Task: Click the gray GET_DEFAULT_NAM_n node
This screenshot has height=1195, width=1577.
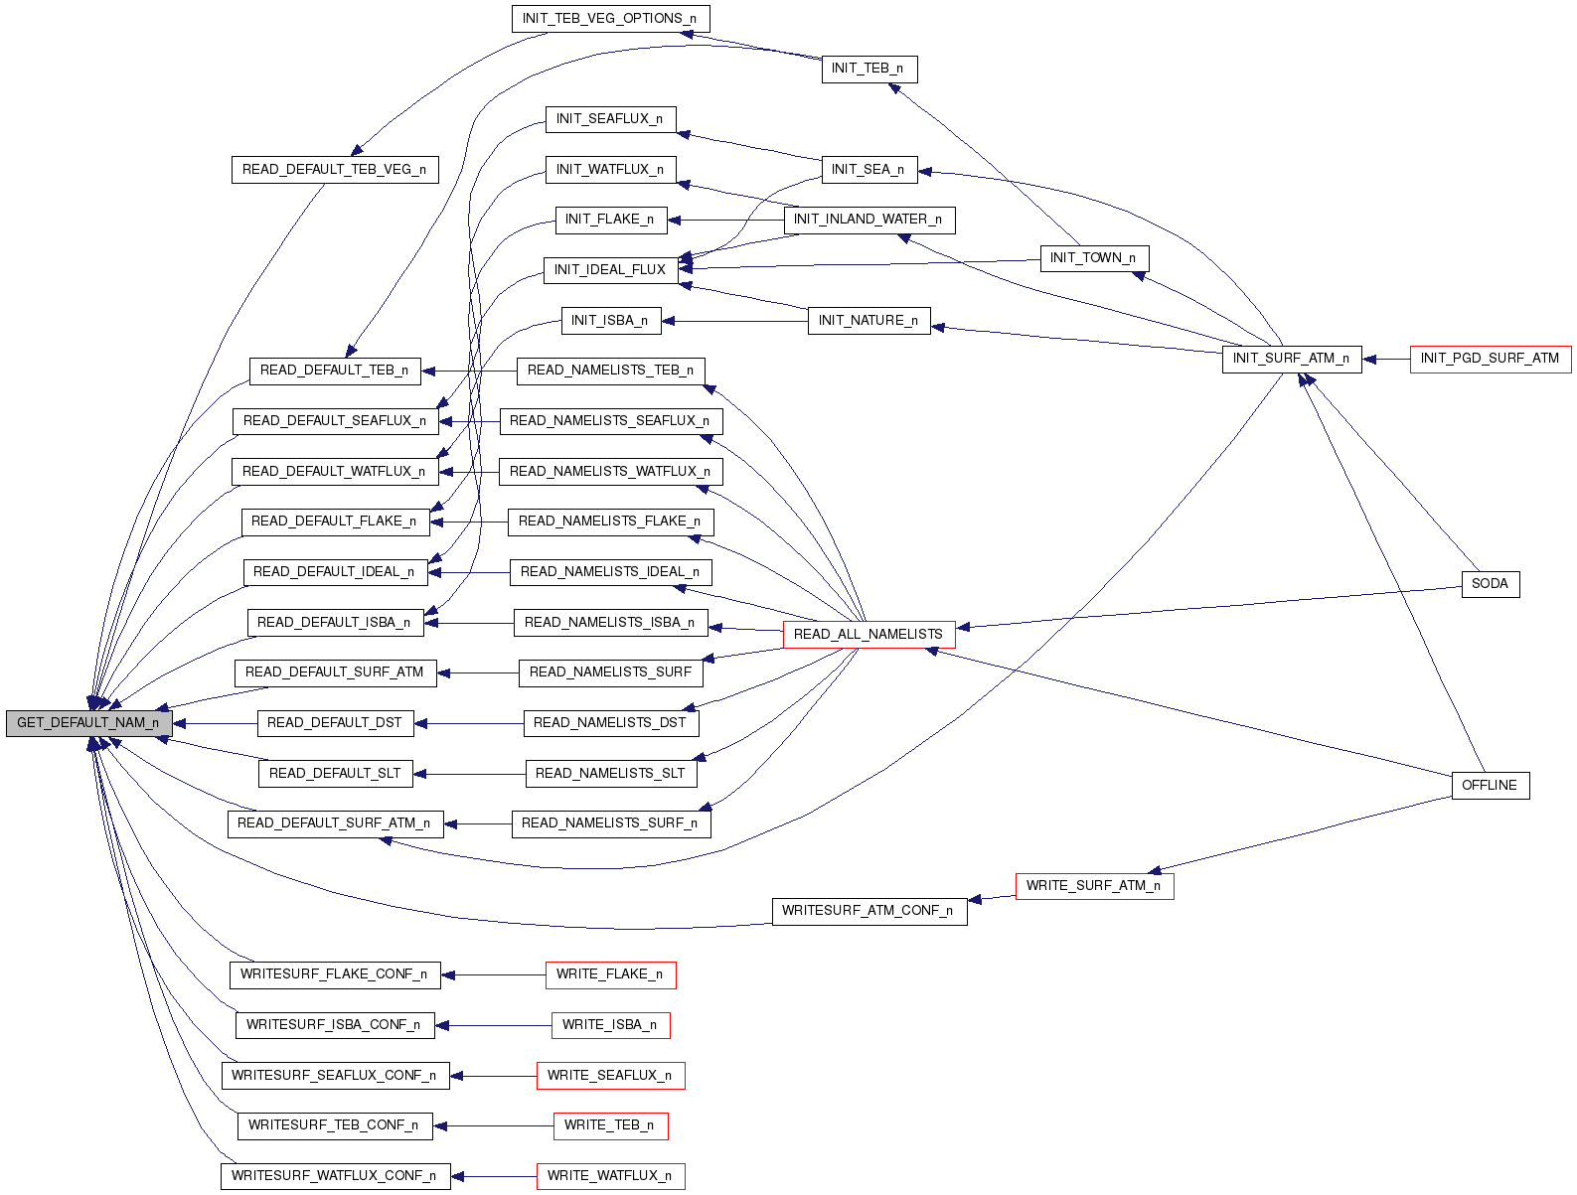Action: click(88, 723)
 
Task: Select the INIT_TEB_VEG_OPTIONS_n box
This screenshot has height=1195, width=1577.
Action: click(610, 19)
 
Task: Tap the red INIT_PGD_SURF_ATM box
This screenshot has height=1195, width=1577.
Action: click(1490, 359)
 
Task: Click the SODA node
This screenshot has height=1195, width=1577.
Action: click(1490, 584)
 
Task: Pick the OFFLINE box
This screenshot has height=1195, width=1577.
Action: click(1490, 786)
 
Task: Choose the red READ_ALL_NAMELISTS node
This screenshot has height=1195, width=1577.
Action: click(868, 635)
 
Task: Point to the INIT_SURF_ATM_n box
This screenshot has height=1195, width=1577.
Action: click(1291, 359)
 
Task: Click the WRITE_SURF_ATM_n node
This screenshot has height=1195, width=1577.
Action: click(1093, 886)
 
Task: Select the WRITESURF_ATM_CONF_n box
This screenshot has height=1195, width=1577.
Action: click(868, 911)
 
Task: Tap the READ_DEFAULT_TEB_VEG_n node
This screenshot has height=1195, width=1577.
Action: click(334, 170)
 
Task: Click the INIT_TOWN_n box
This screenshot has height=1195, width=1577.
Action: click(1093, 258)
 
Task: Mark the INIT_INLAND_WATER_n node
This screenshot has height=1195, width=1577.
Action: click(868, 220)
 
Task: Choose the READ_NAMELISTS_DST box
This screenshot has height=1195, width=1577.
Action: click(610, 723)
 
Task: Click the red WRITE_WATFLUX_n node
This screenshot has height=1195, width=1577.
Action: click(610, 1176)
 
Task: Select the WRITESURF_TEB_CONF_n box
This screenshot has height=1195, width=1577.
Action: click(334, 1125)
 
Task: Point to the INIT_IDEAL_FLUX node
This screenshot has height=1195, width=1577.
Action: click(610, 270)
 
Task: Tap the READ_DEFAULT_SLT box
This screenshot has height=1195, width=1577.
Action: click(334, 774)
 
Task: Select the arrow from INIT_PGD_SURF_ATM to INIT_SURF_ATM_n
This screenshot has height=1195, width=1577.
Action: click(1386, 359)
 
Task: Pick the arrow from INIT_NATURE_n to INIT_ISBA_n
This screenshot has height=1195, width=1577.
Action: click(734, 321)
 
